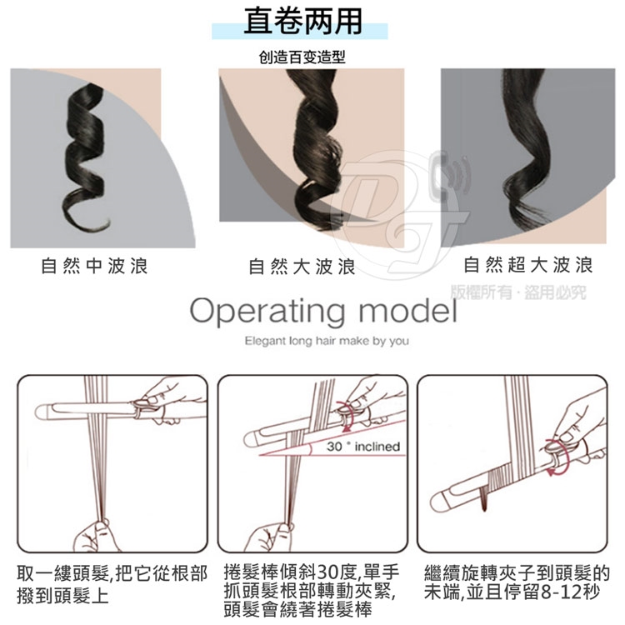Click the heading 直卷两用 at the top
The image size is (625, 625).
[x=303, y=21]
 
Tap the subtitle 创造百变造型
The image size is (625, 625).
[x=302, y=57]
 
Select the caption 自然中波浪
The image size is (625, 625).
[x=94, y=266]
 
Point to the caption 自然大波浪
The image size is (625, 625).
[x=302, y=267]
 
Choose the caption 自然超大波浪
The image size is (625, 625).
[x=528, y=265]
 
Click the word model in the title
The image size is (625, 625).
[x=408, y=311]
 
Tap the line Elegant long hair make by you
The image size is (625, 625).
[x=327, y=341]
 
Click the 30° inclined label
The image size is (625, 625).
[x=363, y=447]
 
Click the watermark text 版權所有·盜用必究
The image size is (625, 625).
[x=518, y=292]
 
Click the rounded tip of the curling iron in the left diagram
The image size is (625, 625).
[x=41, y=412]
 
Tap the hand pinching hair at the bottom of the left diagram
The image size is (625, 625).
[x=96, y=535]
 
